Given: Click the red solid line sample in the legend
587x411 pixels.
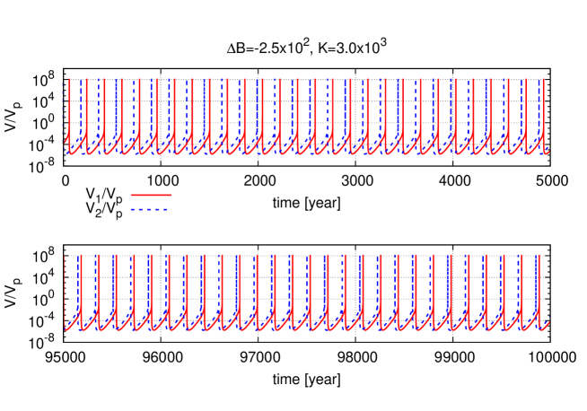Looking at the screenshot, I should pyautogui.click(x=151, y=195).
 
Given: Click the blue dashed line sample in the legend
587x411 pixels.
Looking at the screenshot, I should pyautogui.click(x=149, y=209).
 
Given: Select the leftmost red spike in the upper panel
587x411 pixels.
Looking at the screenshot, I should pyautogui.click(x=69, y=108).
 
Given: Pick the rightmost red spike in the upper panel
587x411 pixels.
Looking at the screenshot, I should pyautogui.click(x=544, y=108).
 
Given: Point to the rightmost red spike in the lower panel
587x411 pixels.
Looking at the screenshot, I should pyautogui.click(x=538, y=287).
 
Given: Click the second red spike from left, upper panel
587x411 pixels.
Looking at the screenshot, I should pyautogui.click(x=87, y=108).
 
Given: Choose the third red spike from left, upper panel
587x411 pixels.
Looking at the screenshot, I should pyautogui.click(x=104, y=108).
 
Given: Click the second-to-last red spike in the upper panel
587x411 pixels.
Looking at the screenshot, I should pyautogui.click(x=526, y=108).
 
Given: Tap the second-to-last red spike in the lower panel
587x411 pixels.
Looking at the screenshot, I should pyautogui.click(x=520, y=287).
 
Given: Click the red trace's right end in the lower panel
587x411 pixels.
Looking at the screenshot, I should pyautogui.click(x=548, y=321).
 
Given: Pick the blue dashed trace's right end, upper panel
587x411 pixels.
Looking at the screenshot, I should pyautogui.click(x=548, y=152).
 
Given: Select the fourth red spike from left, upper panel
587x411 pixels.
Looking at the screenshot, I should pyautogui.click(x=122, y=108).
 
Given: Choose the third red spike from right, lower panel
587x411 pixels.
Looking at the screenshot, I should pyautogui.click(x=503, y=287).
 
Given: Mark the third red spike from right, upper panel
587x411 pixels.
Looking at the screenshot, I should pyautogui.click(x=509, y=108).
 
